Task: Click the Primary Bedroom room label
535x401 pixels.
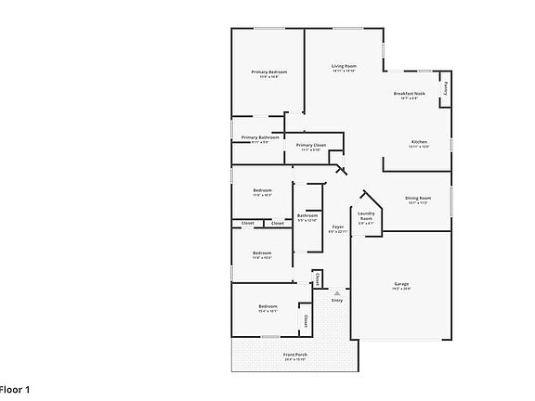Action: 268,71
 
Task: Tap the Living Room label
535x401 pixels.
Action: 345,66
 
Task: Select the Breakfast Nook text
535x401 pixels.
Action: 409,94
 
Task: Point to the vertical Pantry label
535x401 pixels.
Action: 445,88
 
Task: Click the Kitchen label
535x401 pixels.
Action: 419,141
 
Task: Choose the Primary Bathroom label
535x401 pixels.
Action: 260,137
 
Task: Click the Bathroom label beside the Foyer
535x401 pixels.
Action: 307,215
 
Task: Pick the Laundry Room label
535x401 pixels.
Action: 366,215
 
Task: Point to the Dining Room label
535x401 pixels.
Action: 418,198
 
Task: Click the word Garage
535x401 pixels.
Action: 401,284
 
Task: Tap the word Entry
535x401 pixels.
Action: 337,300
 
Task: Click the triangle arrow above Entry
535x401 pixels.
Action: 337,292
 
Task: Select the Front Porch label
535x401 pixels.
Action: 294,355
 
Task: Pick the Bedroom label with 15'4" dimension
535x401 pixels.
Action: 267,306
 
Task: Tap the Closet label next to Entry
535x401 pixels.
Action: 318,278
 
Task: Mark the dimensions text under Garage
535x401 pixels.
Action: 401,290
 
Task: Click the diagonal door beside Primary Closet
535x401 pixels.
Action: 340,169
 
